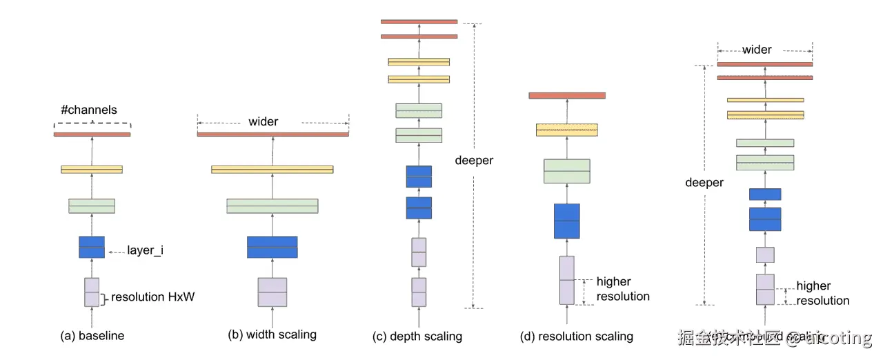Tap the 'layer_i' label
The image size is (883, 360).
(145, 250)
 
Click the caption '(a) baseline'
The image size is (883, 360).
(92, 336)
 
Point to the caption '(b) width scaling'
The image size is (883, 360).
(272, 334)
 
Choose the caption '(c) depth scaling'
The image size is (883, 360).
(417, 337)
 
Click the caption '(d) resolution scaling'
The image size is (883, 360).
(577, 337)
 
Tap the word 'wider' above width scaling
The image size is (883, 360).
(263, 121)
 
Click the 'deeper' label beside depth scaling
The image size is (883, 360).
(474, 161)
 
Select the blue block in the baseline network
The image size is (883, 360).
(92, 247)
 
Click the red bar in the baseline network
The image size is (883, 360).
(92, 134)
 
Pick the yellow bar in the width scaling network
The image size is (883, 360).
(272, 169)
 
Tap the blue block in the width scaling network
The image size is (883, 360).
(272, 247)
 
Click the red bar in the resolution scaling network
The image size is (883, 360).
(567, 95)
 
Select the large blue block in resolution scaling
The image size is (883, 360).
(567, 221)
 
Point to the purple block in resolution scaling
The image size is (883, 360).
(567, 280)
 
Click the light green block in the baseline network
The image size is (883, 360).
(92, 206)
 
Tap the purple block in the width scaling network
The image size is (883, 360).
(272, 292)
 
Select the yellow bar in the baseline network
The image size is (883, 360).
(92, 169)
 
